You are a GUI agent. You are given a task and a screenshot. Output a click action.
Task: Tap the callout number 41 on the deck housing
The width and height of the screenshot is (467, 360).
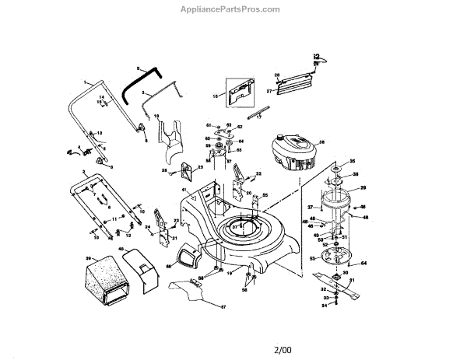184,190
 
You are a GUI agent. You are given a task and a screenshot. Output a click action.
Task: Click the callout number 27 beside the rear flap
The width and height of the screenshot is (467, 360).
269,92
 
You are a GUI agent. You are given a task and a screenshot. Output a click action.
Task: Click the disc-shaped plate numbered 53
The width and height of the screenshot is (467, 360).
332,256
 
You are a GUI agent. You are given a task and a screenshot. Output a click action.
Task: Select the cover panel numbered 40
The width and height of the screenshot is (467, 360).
139,263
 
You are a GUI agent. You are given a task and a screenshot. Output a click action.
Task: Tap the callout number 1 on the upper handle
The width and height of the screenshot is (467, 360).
84,82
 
